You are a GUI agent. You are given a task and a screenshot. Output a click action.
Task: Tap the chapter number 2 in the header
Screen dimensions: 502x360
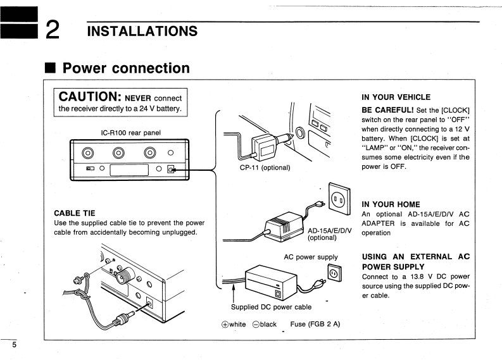click(53, 30)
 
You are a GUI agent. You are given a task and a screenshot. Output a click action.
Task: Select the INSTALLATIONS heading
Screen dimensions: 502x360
click(142, 32)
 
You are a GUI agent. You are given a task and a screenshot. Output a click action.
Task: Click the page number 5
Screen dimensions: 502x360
click(14, 345)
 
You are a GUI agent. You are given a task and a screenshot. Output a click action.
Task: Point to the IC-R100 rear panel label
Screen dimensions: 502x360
click(130, 132)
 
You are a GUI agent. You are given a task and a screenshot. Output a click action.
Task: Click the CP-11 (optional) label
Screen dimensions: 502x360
click(265, 168)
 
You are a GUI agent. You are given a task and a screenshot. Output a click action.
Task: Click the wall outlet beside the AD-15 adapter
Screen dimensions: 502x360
click(339, 199)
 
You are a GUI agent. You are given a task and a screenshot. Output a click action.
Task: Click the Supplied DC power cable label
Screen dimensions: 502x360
click(271, 307)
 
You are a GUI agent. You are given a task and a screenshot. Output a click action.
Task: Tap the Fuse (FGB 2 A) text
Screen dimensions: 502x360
click(315, 324)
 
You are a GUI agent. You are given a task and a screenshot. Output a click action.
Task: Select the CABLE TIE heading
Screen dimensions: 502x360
click(75, 213)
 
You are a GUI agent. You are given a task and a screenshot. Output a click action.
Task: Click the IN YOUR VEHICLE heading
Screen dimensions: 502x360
click(396, 97)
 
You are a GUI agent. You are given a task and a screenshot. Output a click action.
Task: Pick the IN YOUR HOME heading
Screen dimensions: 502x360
click(391, 204)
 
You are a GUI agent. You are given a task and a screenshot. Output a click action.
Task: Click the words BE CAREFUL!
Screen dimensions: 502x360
click(387, 110)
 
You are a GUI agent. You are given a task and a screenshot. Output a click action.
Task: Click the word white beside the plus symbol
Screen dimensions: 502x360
click(237, 324)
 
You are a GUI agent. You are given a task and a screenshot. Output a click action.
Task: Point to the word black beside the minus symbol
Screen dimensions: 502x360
click(268, 324)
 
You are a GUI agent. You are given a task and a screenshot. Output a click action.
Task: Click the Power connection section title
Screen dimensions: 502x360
click(126, 68)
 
